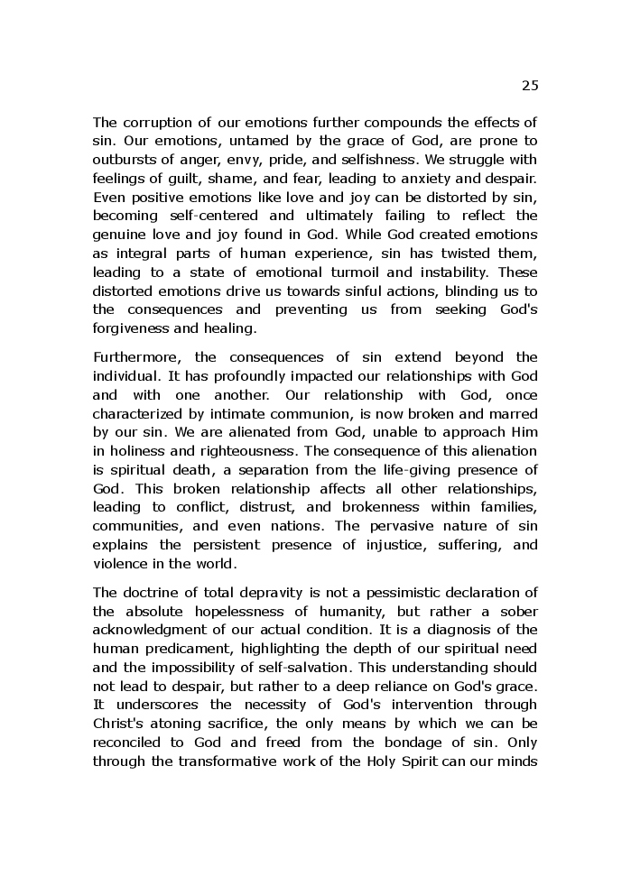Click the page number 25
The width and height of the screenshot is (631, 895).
pyautogui.click(x=529, y=86)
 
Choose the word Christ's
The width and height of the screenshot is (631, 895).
pyautogui.click(x=121, y=724)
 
